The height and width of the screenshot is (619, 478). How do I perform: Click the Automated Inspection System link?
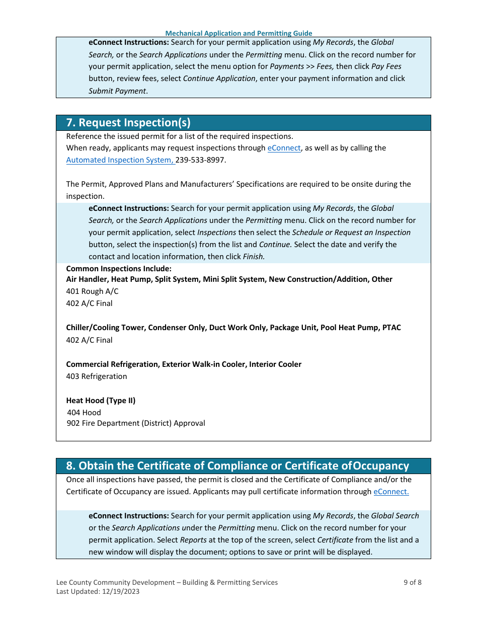(120, 160)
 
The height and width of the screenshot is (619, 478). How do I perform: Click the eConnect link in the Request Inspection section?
(284, 148)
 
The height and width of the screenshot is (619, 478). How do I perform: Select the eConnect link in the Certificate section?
(391, 492)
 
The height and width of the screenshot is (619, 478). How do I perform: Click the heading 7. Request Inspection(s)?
(128, 123)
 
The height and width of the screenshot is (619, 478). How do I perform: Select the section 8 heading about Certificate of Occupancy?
(237, 466)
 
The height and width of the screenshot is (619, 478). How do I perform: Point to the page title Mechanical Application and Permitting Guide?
(238, 33)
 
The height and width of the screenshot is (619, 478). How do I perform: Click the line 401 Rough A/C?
(92, 291)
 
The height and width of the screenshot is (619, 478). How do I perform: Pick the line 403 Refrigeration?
(96, 376)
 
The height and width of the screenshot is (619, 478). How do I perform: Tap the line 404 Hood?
(84, 413)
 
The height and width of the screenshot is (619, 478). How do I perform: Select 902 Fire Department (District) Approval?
(136, 423)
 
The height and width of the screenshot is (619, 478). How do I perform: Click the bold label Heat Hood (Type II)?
(101, 401)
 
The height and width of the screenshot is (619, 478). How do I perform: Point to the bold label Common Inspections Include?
(119, 269)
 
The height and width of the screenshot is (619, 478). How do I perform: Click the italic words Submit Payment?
(117, 91)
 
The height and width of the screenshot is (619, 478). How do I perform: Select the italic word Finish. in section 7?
(254, 257)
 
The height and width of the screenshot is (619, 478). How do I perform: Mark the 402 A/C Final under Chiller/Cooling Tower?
(89, 340)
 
